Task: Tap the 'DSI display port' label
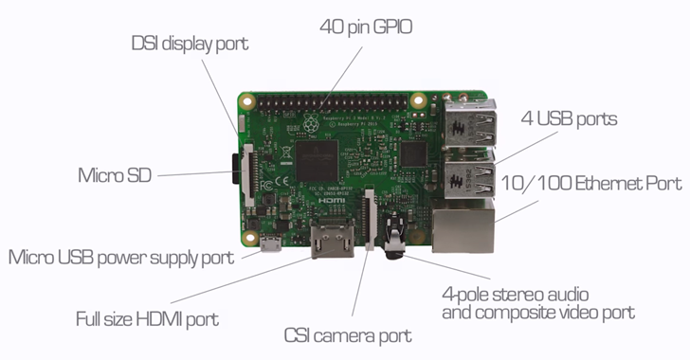pyautogui.click(x=190, y=44)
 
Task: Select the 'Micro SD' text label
pyautogui.click(x=114, y=175)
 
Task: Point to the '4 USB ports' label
pyautogui.click(x=569, y=119)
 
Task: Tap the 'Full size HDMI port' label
pyautogui.click(x=147, y=318)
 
